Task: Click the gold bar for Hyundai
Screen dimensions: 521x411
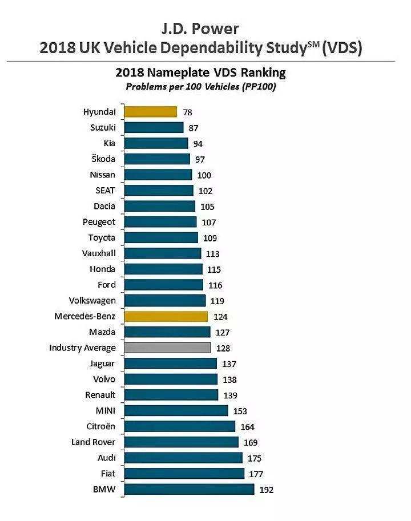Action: (151, 112)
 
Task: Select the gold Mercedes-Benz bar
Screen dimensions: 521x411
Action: (166, 316)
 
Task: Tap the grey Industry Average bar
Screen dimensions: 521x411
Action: (167, 348)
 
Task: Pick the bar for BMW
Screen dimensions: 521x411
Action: (189, 489)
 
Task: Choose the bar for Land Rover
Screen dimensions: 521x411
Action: (181, 442)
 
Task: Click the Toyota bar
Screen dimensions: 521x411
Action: (161, 237)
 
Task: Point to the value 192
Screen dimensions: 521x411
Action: (266, 490)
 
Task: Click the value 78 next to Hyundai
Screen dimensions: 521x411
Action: (187, 112)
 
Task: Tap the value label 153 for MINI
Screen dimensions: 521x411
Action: (240, 411)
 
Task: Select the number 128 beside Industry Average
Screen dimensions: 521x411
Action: (223, 348)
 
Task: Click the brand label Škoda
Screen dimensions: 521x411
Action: (103, 159)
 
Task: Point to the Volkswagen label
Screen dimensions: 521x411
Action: (92, 300)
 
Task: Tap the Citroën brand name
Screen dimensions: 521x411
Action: (100, 426)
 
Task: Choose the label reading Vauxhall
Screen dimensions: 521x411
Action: (99, 253)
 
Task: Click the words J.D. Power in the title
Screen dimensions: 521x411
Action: (199, 28)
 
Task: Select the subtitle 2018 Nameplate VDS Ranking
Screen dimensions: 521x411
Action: (200, 72)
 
